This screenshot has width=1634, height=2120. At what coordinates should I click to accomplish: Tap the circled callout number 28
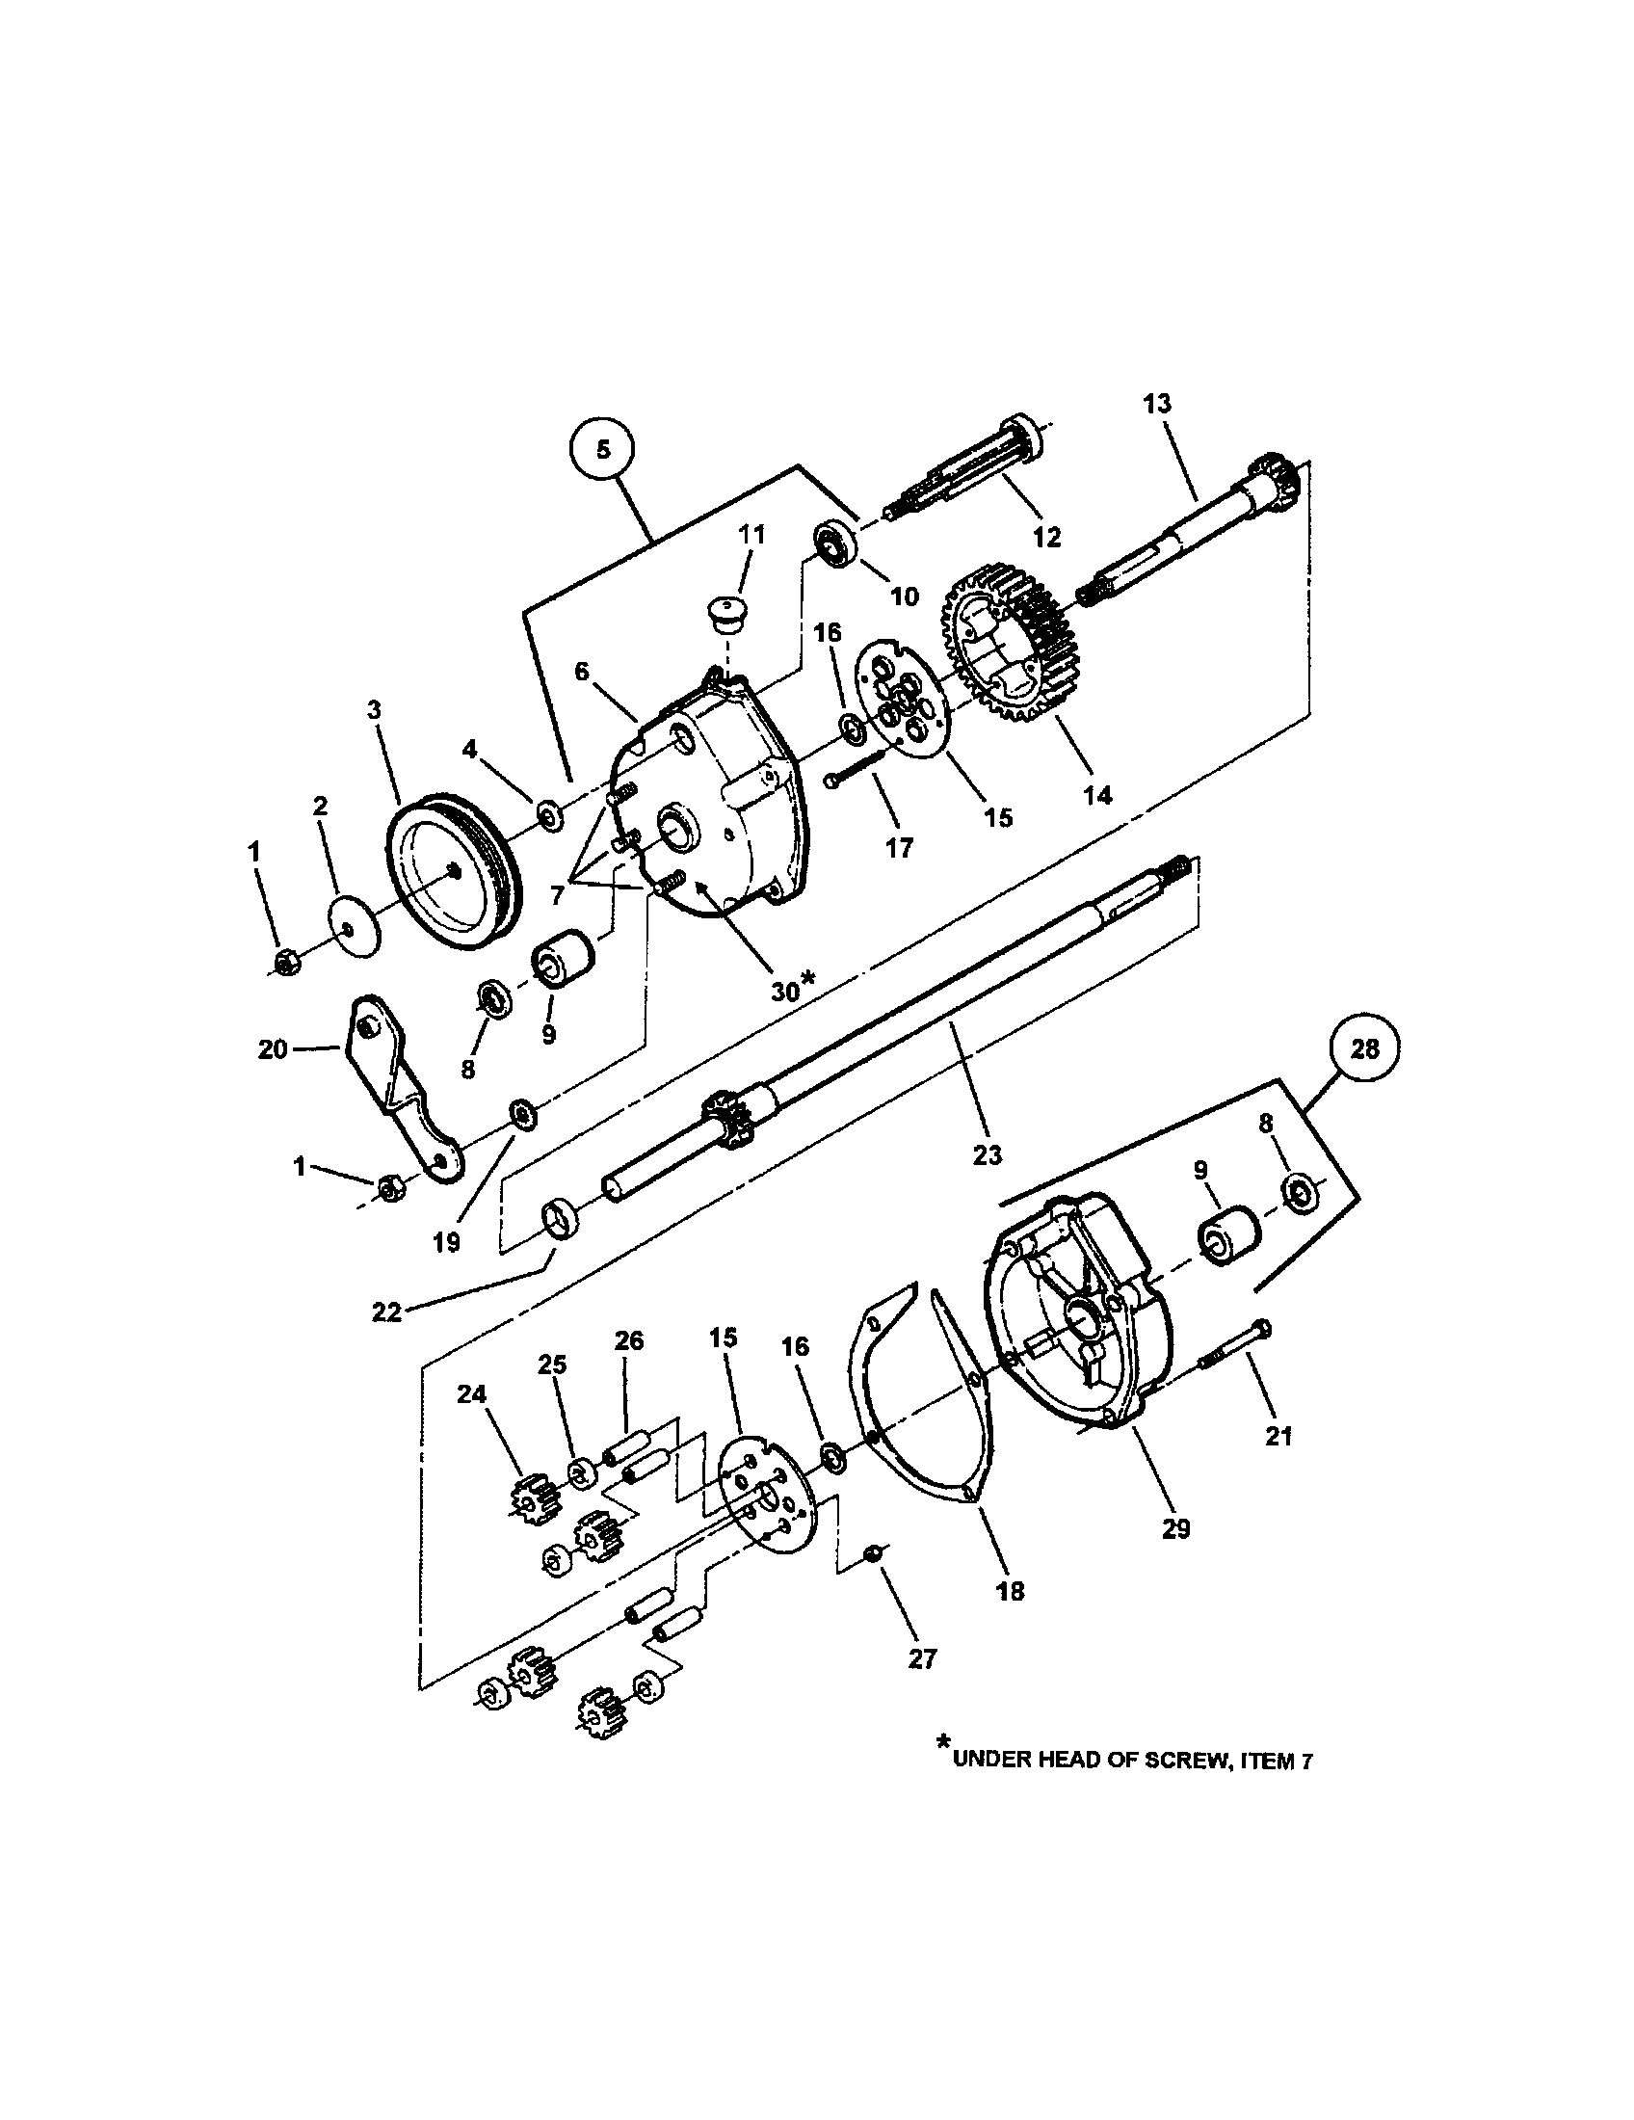(x=1363, y=1050)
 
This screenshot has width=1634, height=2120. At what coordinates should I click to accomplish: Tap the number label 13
(x=1156, y=404)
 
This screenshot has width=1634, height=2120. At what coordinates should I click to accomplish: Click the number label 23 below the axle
(x=987, y=1155)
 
